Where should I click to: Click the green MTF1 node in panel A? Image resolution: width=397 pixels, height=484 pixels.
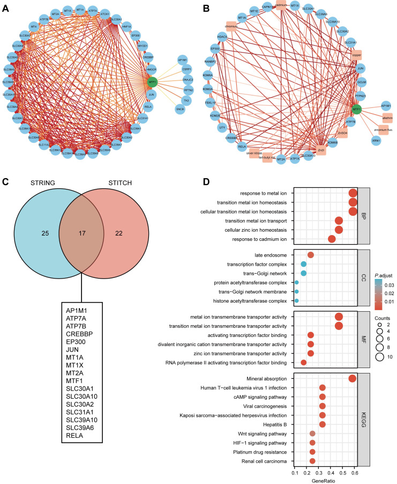153,82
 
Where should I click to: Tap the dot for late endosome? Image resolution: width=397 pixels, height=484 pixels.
311,255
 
